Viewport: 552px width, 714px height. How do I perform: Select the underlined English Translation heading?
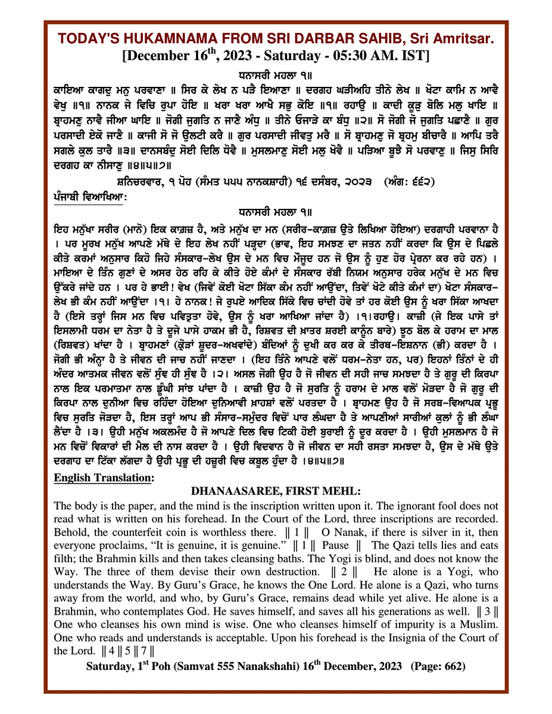click(104, 477)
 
